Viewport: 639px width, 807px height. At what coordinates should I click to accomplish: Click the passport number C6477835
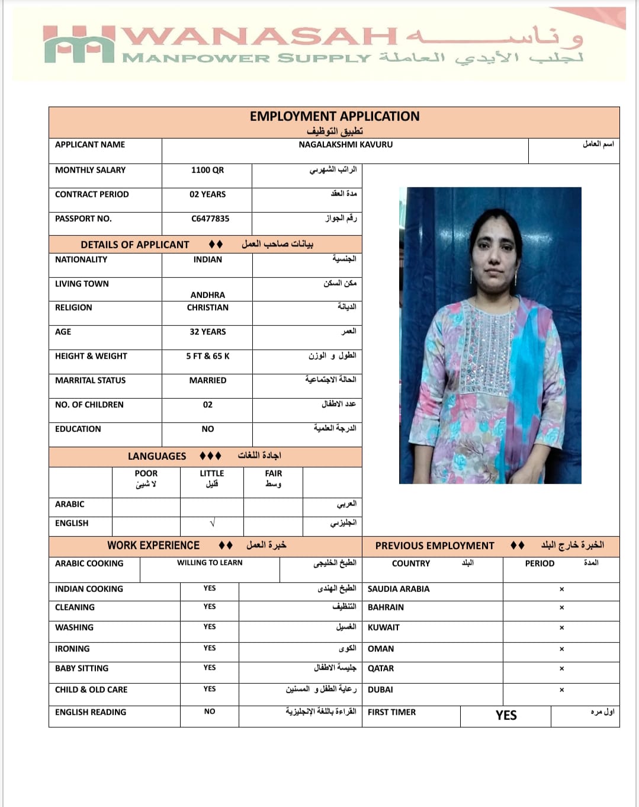coord(210,219)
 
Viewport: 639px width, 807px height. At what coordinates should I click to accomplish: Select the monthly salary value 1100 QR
coord(207,170)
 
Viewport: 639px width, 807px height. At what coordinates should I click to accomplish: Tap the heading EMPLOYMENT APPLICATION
coord(334,116)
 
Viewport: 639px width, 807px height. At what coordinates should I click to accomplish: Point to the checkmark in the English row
coord(212,523)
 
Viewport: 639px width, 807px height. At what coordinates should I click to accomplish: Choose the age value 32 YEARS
coord(207,332)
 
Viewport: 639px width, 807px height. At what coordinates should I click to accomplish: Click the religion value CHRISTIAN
coord(207,308)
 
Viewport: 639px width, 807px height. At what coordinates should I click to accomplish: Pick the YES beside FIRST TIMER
coord(506,716)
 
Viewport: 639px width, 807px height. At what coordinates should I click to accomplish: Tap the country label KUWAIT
coord(383,627)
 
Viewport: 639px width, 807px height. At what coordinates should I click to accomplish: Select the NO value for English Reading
coord(210,712)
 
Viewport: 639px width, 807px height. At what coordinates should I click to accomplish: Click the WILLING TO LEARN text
coord(210,563)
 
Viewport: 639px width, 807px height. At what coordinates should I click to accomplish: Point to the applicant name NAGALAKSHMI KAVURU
coord(345,145)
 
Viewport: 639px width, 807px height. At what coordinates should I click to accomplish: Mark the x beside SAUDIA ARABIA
coord(561,589)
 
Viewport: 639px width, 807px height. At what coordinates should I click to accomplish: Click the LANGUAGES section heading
coord(156,456)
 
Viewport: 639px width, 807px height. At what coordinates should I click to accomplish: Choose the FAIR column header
coord(273,473)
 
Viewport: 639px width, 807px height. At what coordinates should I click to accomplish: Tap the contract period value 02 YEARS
coord(207,194)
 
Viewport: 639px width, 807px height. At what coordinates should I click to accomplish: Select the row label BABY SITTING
coord(82,668)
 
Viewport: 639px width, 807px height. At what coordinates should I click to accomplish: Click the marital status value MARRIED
coord(207,380)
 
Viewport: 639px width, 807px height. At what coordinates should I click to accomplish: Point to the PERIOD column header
coord(540,563)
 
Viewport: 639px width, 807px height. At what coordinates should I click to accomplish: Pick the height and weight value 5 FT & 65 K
coord(207,356)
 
